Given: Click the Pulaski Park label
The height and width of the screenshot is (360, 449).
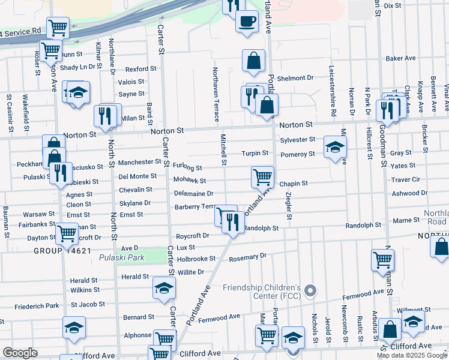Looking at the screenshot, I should pyautogui.click(x=122, y=257).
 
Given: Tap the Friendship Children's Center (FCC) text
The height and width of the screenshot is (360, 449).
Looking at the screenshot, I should pyautogui.click(x=261, y=292).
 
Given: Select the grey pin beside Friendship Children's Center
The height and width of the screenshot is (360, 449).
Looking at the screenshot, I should pyautogui.click(x=310, y=291).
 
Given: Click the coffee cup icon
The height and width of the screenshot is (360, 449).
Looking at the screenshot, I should pyautogui.click(x=247, y=22).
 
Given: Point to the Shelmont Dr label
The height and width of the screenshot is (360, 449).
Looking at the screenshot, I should pyautogui.click(x=295, y=78).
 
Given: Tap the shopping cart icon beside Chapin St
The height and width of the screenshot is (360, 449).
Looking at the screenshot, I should pyautogui.click(x=262, y=177).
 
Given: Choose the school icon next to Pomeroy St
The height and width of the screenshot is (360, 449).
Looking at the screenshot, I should pyautogui.click(x=335, y=147).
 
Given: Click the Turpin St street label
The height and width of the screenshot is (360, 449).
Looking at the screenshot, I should pyautogui.click(x=255, y=154).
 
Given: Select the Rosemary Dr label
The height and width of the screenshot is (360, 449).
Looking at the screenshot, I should pyautogui.click(x=247, y=257).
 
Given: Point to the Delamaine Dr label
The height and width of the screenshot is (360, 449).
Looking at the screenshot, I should pyautogui.click(x=194, y=194).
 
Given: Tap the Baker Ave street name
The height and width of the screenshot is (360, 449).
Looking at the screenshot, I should pyautogui.click(x=401, y=59).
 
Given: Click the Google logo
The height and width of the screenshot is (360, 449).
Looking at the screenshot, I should pyautogui.click(x=20, y=353).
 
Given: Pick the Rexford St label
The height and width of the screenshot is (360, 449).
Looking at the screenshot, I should pyautogui.click(x=140, y=69).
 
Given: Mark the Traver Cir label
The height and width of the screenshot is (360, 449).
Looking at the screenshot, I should pyautogui.click(x=405, y=179).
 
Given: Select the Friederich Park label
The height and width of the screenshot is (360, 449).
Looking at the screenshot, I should pyautogui.click(x=37, y=306).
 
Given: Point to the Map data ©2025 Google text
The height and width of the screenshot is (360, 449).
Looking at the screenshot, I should pyautogui.click(x=411, y=355).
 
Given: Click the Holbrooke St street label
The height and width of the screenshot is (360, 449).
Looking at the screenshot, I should pyautogui.click(x=196, y=259).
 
